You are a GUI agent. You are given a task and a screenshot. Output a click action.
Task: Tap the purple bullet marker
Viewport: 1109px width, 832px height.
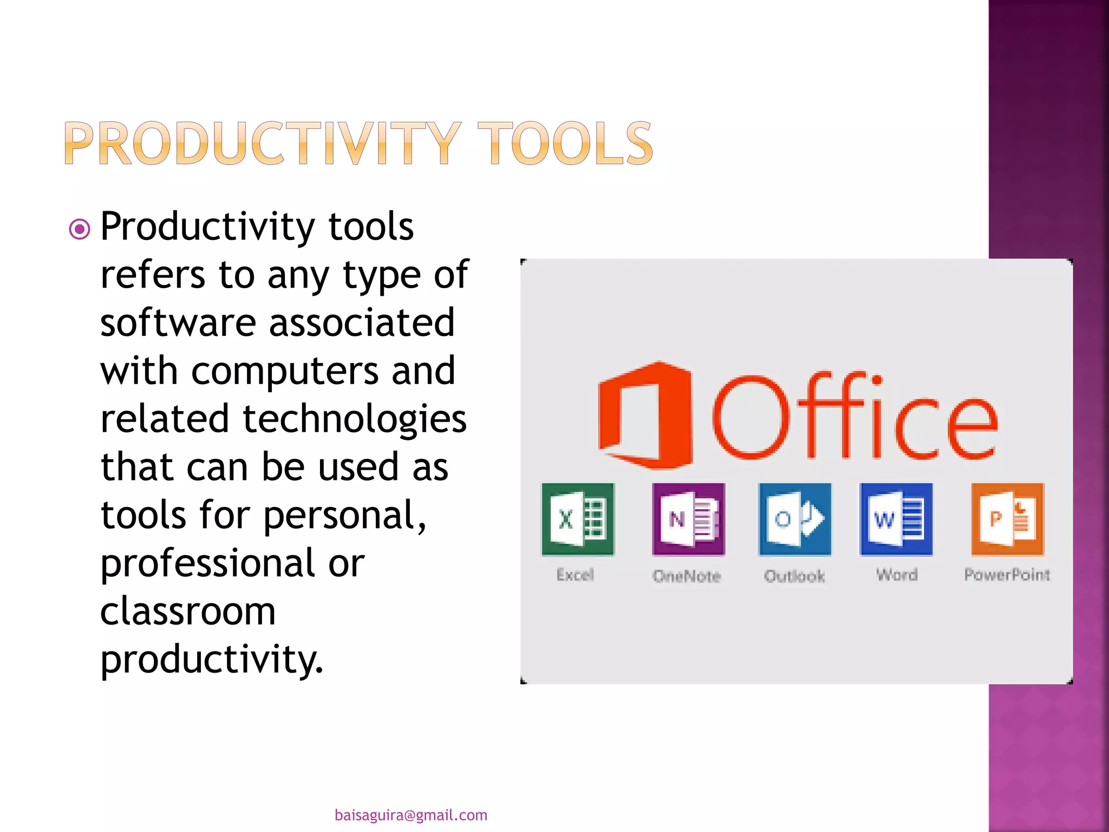(x=80, y=229)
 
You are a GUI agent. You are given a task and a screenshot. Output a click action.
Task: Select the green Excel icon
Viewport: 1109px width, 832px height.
(x=578, y=519)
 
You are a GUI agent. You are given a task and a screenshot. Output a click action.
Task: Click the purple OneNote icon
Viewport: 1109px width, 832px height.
(x=688, y=519)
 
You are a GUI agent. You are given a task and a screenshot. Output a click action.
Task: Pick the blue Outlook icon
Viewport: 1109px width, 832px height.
(x=795, y=519)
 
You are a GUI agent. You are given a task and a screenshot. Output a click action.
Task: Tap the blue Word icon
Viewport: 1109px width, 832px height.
(x=896, y=519)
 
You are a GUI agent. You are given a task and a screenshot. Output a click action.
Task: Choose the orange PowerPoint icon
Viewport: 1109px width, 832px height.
(x=1007, y=519)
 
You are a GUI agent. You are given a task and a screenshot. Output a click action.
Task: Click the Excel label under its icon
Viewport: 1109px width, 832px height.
(x=575, y=575)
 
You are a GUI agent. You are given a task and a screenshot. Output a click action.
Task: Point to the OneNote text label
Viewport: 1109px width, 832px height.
(x=687, y=576)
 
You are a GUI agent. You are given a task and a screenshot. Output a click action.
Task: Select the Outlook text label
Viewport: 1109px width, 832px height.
(x=794, y=576)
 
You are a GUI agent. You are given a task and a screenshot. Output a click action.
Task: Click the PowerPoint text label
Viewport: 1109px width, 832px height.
(x=1007, y=575)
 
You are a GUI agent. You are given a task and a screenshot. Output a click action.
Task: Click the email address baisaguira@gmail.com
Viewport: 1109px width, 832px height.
(x=411, y=815)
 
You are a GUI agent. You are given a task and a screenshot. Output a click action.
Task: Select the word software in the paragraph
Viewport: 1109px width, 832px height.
(x=178, y=323)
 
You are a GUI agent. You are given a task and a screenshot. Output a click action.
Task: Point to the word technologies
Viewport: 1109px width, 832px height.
(x=355, y=419)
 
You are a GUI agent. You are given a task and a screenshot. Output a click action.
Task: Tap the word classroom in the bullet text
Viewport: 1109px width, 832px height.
(x=188, y=612)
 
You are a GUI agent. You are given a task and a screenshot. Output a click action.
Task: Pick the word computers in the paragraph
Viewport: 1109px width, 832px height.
(x=285, y=372)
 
